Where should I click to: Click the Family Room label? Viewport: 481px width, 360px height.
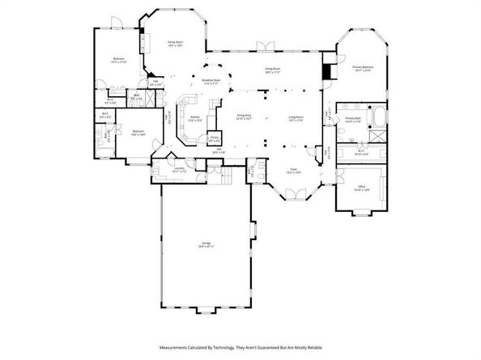click(x=173, y=42)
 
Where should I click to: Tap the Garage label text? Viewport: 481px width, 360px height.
click(x=206, y=244)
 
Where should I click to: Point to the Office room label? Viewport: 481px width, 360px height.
click(x=361, y=188)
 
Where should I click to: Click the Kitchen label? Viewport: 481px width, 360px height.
click(x=195, y=117)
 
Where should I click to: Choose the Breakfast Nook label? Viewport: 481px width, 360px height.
click(x=212, y=81)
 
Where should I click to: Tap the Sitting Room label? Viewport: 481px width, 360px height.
click(x=272, y=70)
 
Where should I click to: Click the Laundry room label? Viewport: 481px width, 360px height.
click(x=179, y=169)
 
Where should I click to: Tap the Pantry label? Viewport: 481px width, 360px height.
click(x=215, y=138)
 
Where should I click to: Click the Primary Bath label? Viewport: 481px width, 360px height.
click(x=352, y=118)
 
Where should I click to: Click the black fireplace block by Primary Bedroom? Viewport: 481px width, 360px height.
click(x=326, y=71)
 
